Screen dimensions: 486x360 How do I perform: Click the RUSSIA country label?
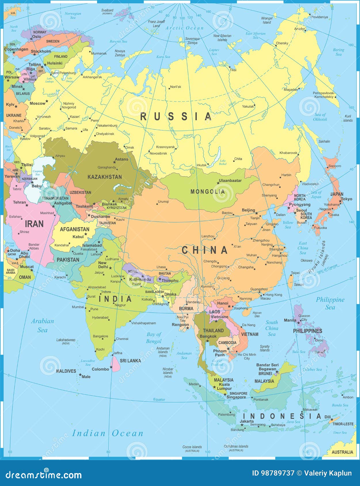pos(176,116)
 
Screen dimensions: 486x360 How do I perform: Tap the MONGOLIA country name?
pos(207,192)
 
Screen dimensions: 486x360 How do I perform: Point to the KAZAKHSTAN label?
pos(104,177)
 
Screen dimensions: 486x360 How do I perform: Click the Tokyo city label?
pos(346,199)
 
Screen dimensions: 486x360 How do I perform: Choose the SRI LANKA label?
pos(130,361)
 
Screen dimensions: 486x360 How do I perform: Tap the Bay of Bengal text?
pos(154,338)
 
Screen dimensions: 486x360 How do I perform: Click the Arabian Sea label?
pos(42,325)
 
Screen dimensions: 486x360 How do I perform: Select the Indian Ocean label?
pos(107,433)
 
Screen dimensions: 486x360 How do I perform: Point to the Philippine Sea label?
pos(330,303)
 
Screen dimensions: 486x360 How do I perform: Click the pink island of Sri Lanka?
pos(115,364)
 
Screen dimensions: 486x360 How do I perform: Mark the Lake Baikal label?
pos(223,162)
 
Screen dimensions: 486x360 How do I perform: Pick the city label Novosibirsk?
pos(158,153)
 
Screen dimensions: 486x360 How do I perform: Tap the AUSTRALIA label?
pos(342,452)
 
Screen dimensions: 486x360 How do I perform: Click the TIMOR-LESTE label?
pos(343,424)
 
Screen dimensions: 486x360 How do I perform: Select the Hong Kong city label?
pos(274,294)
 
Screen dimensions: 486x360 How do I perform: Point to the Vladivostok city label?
pos(310,184)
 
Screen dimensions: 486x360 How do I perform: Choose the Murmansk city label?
pos(99,53)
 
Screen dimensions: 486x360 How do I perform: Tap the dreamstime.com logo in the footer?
pos(44,474)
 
